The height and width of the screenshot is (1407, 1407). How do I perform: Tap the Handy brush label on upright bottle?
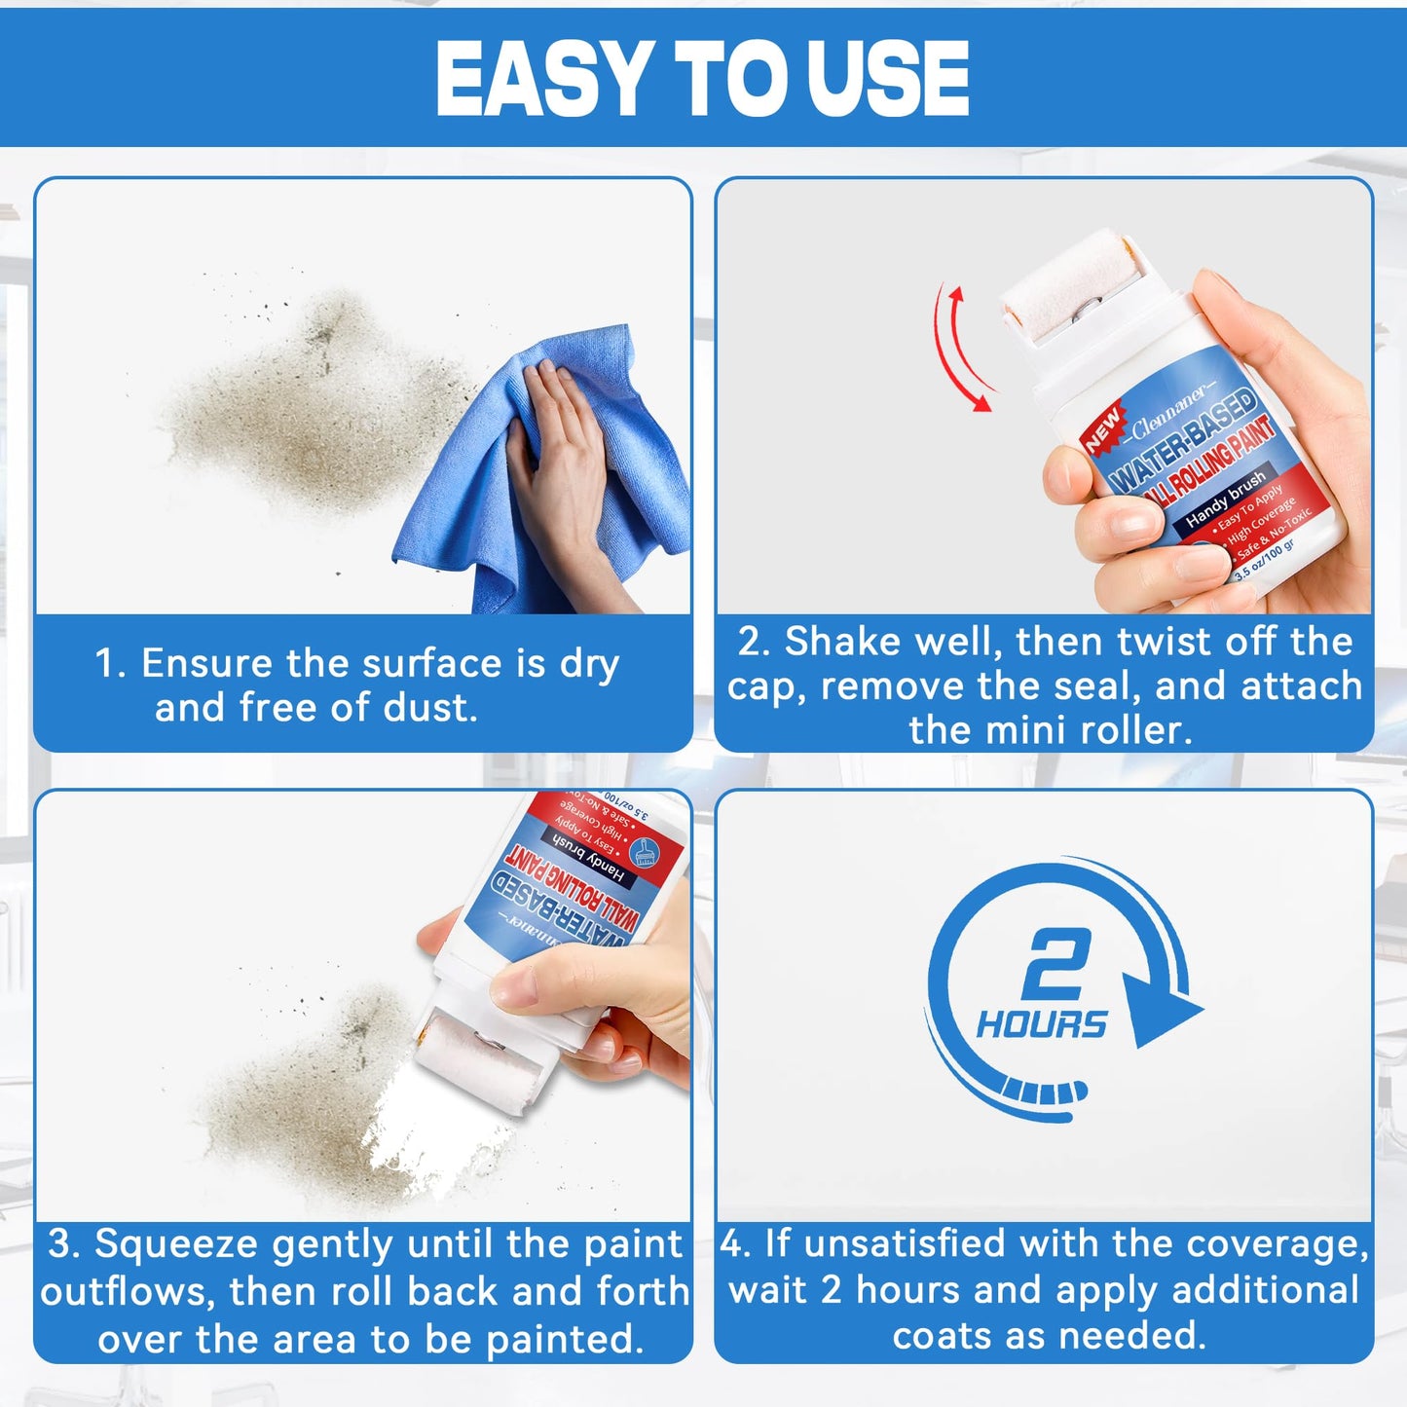[x=1225, y=499]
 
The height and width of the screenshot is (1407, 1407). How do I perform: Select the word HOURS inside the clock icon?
[x=1042, y=1024]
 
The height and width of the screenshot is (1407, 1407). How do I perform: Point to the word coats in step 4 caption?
[x=944, y=1335]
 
